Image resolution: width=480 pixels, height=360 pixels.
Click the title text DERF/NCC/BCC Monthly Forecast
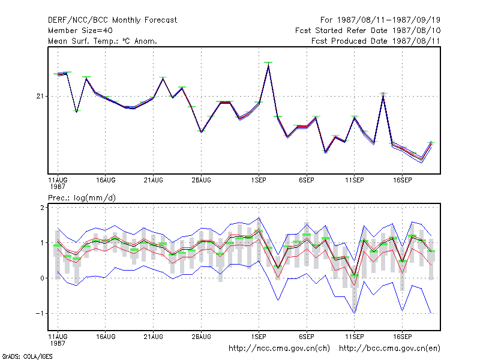point(112,20)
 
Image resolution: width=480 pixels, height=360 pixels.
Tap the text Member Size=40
point(80,31)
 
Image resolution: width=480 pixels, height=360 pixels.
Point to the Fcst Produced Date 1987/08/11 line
point(376,41)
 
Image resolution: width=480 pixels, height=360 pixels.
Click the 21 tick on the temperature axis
point(40,97)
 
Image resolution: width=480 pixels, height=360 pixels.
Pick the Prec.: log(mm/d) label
point(82,198)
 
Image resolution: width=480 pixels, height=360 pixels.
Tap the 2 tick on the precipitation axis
point(42,208)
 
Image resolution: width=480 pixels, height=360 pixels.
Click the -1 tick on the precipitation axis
point(40,313)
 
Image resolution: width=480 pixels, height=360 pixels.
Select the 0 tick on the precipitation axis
point(42,278)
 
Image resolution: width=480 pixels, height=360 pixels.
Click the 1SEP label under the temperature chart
point(259,181)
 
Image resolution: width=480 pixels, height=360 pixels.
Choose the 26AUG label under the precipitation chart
point(201,337)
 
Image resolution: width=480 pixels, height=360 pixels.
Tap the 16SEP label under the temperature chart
point(402,181)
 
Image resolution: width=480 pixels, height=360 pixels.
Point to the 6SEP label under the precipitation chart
point(307,337)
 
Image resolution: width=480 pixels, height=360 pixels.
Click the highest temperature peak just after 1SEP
point(268,64)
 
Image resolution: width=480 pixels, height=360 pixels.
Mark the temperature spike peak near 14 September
point(383,95)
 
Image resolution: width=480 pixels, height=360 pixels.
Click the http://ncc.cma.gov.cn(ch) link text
point(279,349)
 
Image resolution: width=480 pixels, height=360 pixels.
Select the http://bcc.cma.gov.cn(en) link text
point(389,349)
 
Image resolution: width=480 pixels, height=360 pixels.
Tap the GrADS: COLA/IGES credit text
point(27,356)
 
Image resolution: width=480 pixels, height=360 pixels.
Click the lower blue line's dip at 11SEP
point(355,313)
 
